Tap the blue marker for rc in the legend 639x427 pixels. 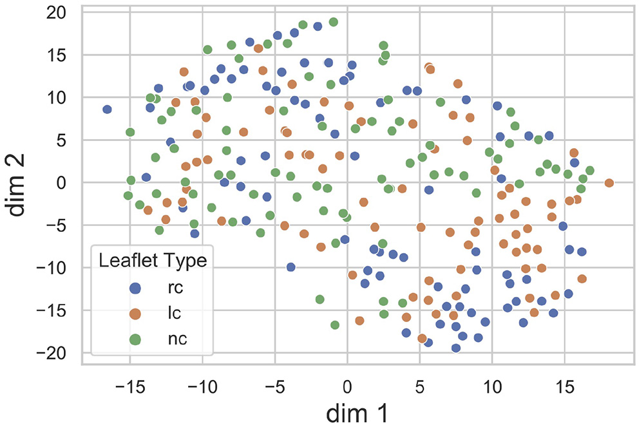135,289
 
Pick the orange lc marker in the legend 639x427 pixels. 135,314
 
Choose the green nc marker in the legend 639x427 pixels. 135,338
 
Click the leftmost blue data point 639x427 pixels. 107,109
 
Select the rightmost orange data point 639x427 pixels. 609,183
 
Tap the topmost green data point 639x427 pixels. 334,22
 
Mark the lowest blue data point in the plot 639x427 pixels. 456,348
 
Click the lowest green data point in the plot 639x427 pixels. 335,325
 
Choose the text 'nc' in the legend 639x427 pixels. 172,338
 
